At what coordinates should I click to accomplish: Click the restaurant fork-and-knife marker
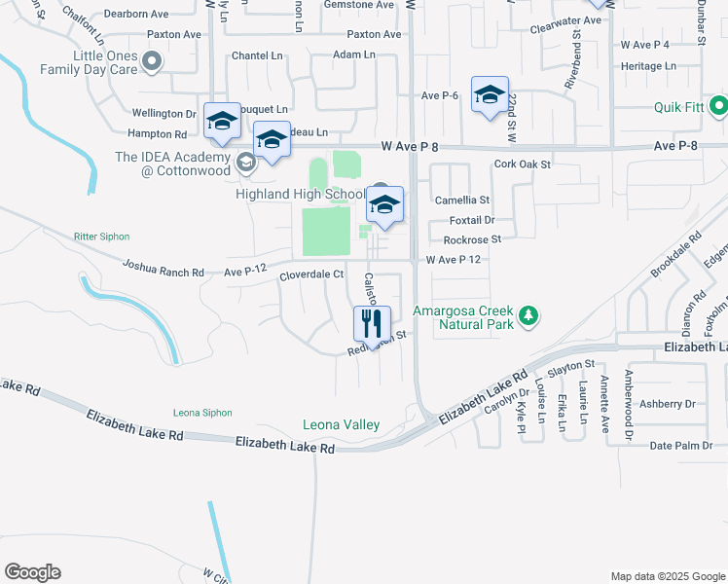[x=372, y=320]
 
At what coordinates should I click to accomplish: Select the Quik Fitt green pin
[x=719, y=105]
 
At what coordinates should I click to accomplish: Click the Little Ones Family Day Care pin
[x=151, y=63]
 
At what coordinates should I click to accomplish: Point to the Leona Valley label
[x=341, y=424]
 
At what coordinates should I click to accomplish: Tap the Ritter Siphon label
[x=101, y=237]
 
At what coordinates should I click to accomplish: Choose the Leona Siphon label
[x=202, y=413]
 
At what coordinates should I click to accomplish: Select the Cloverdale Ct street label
[x=311, y=274]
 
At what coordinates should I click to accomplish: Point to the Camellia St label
[x=461, y=199]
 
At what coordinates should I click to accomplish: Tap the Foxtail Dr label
[x=474, y=220]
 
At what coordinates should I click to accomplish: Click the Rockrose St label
[x=472, y=238]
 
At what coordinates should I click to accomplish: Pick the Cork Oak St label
[x=523, y=164]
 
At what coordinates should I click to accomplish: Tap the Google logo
[x=32, y=572]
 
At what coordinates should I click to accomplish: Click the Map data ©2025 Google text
[x=667, y=576]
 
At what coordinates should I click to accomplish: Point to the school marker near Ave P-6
[x=490, y=94]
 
